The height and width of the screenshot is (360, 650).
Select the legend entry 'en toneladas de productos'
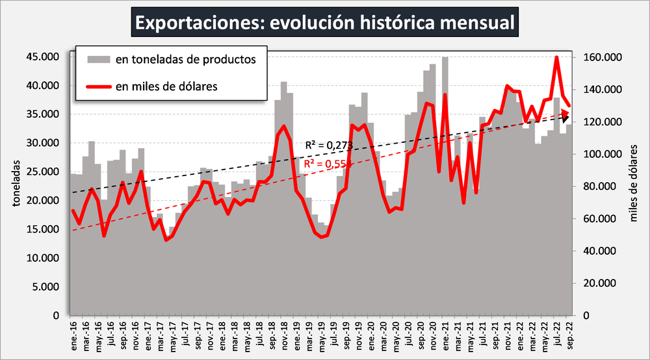coord(185,60)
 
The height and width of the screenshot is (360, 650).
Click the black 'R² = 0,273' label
coord(328,145)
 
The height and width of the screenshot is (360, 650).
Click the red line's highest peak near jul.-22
coord(556,57)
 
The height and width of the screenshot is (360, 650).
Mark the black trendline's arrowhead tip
coord(571,116)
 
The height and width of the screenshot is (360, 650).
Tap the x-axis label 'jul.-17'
coord(185,337)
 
